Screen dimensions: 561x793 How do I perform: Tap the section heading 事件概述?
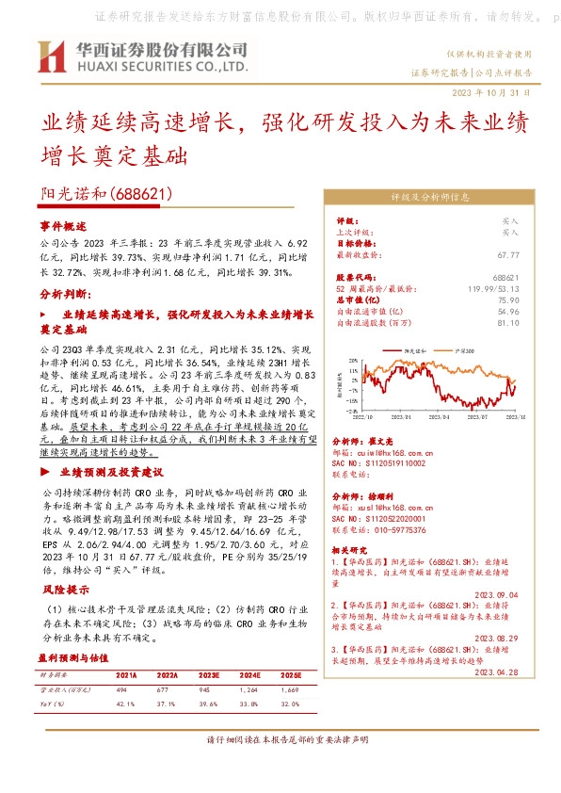[62, 227]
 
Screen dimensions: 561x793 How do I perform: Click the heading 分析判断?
[64, 294]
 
